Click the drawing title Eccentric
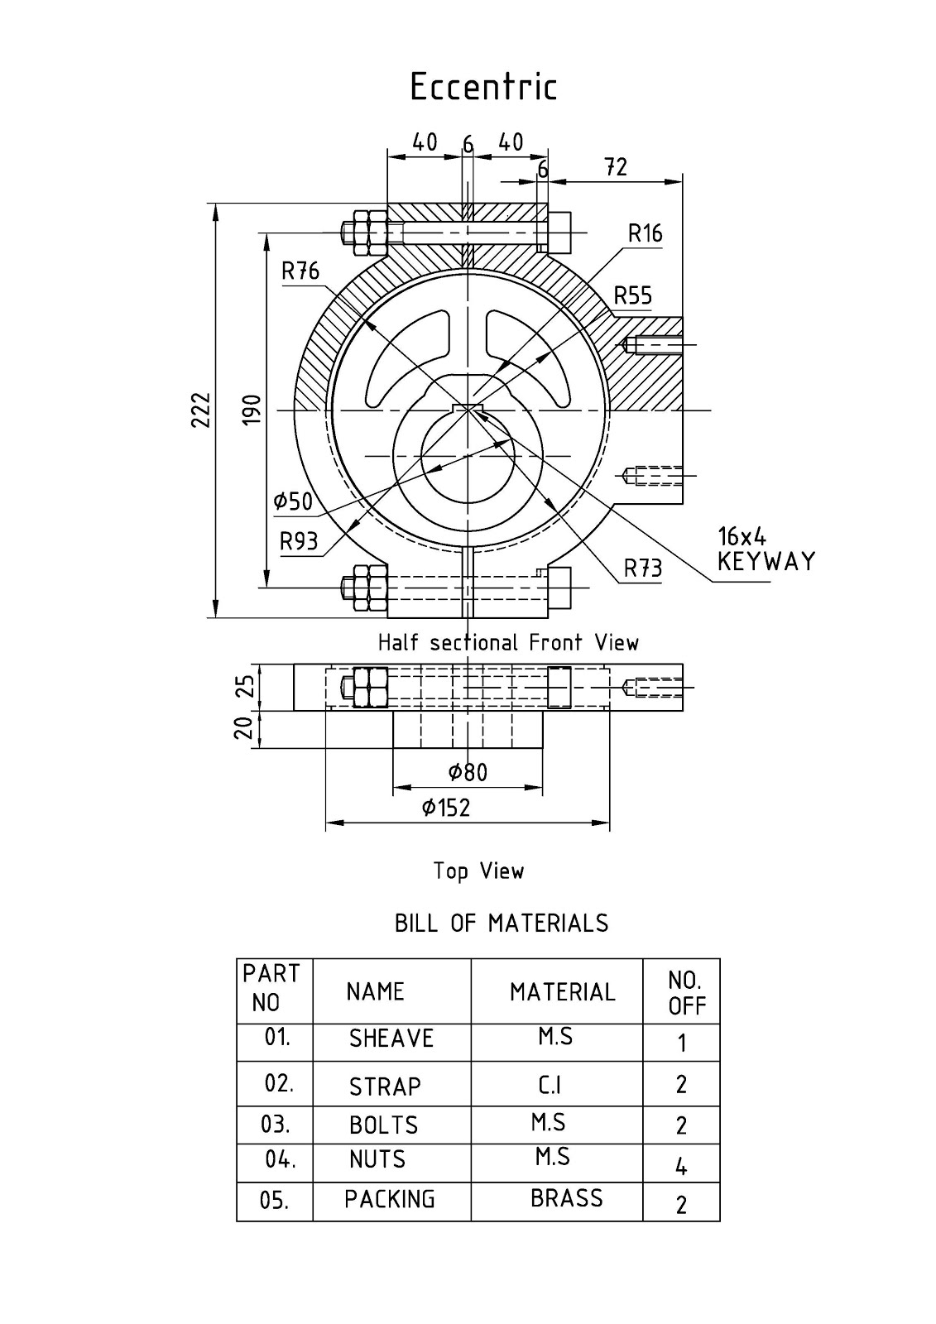coord(483,87)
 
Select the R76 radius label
coord(300,271)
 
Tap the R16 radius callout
coord(645,234)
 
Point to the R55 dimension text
coord(633,296)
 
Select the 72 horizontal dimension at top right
coord(616,167)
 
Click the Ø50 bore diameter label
coord(293,501)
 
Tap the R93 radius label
coord(299,542)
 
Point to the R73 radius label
coord(643,568)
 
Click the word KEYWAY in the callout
coord(766,562)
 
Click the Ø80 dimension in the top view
coord(468,773)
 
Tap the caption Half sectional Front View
coord(508,643)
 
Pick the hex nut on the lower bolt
coord(364,588)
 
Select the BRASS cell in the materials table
coord(566,1198)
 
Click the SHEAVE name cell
coord(391,1039)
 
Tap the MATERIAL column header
coord(562,992)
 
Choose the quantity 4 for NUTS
coord(681,1168)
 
